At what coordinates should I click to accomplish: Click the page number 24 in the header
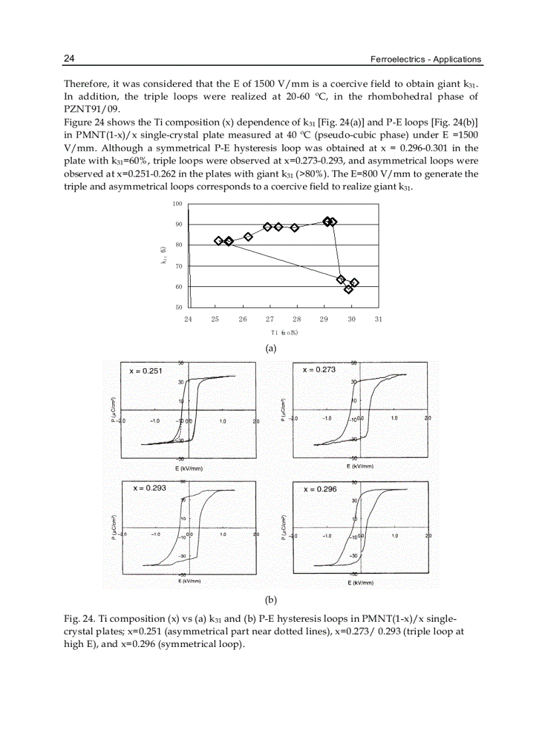pos(68,58)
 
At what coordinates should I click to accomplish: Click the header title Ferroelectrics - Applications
pos(425,59)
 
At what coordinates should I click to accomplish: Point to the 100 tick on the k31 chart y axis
pos(179,204)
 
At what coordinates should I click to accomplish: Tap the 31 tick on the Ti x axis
pos(378,320)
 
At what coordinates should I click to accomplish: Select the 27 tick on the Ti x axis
pos(270,320)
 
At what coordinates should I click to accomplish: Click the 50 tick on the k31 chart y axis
pos(179,308)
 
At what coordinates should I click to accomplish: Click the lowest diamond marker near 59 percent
pos(349,289)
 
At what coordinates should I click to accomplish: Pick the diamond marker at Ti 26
pos(248,236)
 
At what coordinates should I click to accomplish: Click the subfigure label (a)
pos(270,347)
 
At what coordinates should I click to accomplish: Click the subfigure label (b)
pos(270,599)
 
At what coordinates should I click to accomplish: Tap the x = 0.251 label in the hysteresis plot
pos(145,371)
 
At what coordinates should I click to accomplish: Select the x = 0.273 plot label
pos(319,370)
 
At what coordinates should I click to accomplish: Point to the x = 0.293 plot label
pos(149,488)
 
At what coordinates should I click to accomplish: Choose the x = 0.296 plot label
pos(320,489)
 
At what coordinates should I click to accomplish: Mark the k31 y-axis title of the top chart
pos(163,256)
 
